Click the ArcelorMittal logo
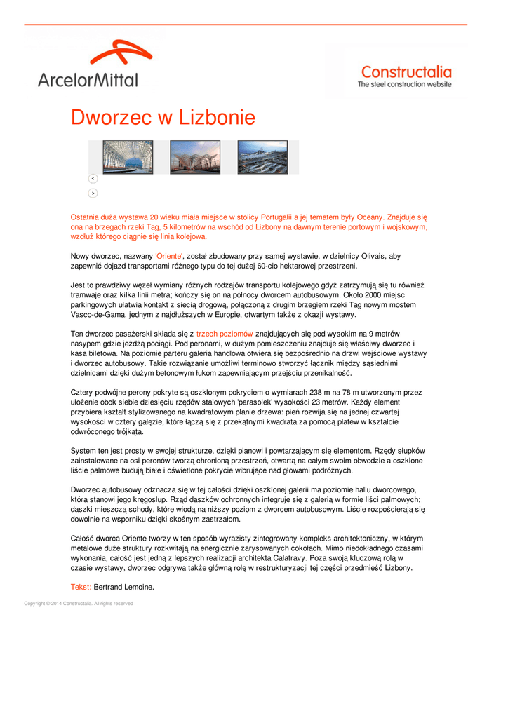(88, 65)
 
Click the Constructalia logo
(405, 76)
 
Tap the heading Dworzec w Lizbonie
(163, 117)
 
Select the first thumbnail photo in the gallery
(128, 157)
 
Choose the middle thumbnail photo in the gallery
(195, 157)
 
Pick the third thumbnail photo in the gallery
(262, 157)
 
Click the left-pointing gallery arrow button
(93, 179)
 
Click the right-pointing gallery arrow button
(93, 193)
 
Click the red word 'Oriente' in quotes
(168, 257)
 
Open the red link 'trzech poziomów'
(225, 334)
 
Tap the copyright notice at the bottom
(79, 603)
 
